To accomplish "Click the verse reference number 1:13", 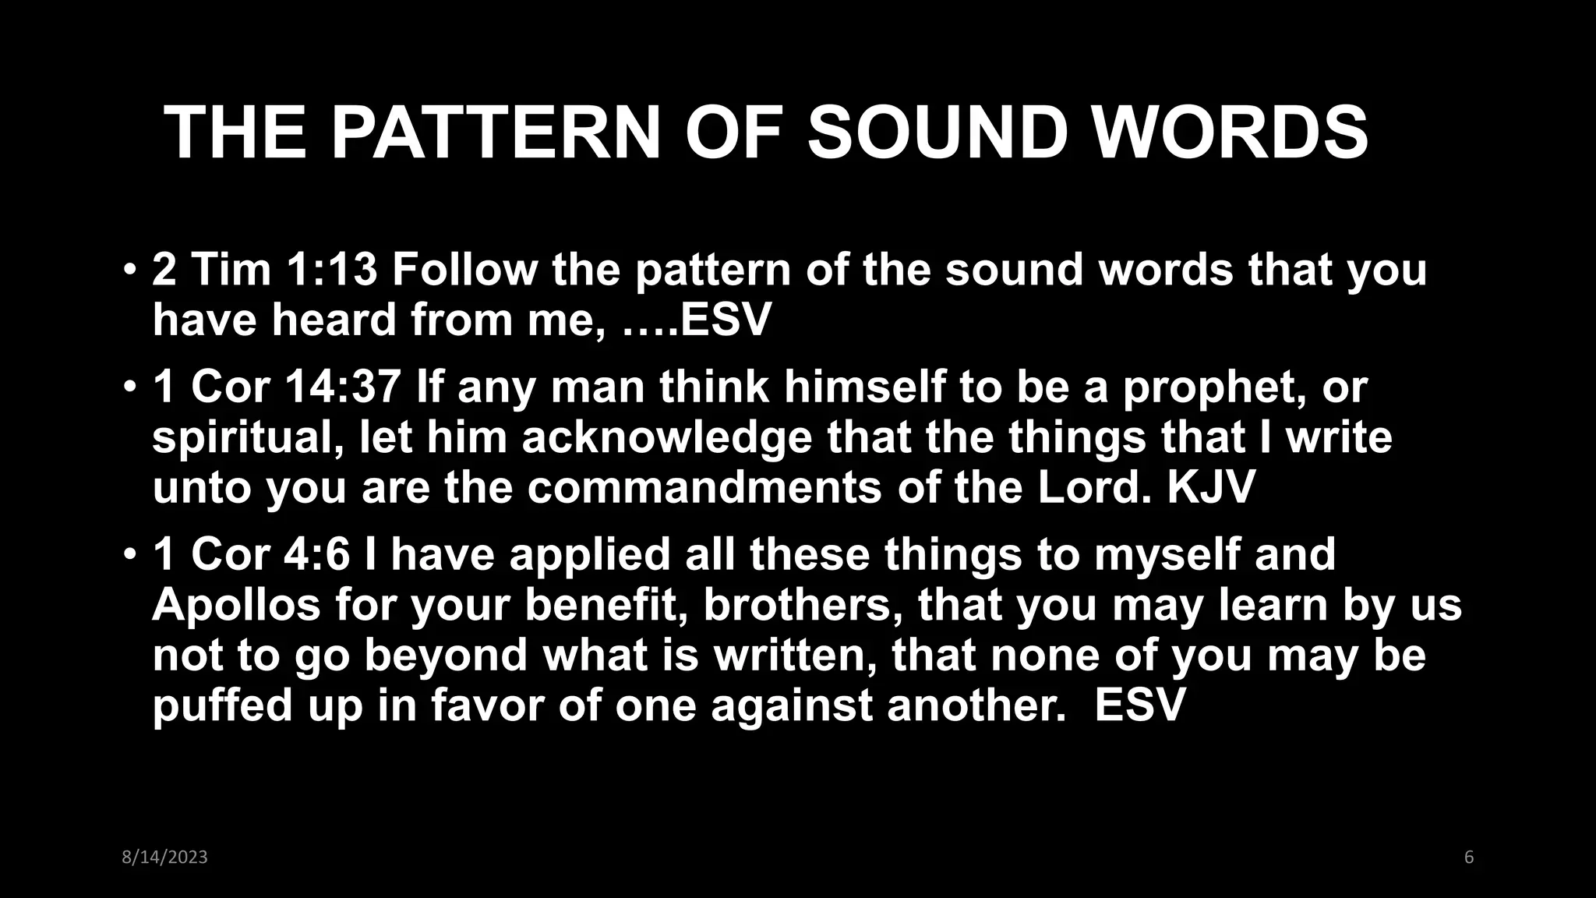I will [331, 270].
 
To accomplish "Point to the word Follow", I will [464, 270].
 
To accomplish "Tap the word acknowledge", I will [666, 438].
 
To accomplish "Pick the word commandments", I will [706, 488].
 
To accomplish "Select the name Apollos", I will [236, 605].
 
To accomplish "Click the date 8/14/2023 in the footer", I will [165, 857].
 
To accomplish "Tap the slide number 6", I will [1469, 857].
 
